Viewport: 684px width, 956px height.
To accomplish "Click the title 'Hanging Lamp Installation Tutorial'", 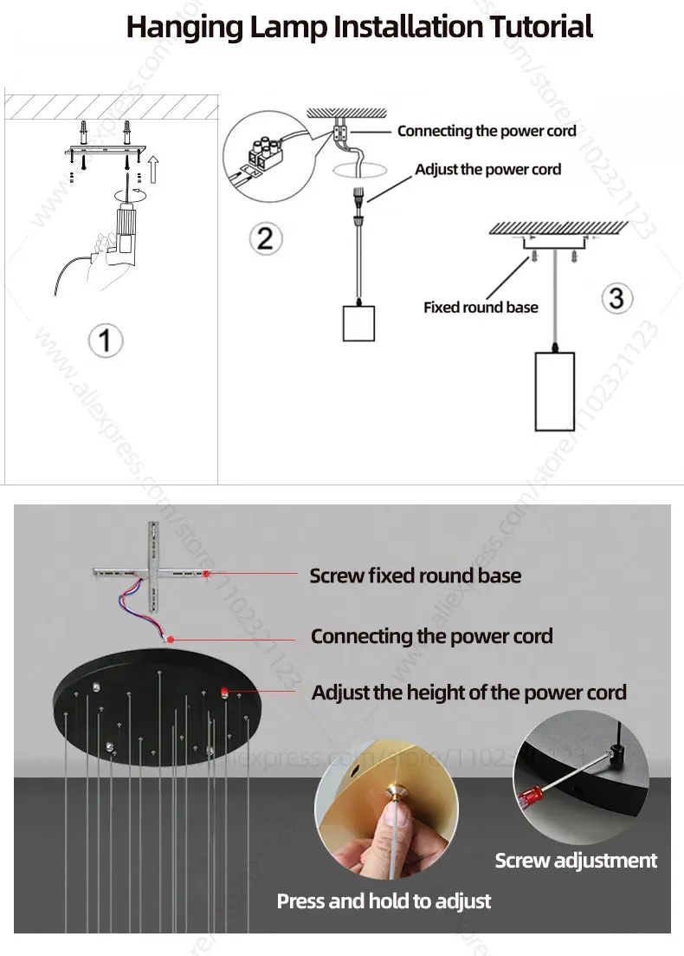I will click(359, 26).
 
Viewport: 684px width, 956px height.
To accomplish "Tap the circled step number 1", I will click(106, 339).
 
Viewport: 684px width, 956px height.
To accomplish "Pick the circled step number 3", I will click(616, 298).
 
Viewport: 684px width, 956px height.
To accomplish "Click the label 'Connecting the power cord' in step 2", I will click(487, 131).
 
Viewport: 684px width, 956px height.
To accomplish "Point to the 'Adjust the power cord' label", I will click(487, 169).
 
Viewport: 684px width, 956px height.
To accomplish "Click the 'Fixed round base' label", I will click(481, 307).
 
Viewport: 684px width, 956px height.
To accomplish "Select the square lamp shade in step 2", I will click(361, 322).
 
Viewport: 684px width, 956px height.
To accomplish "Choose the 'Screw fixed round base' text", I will click(416, 576).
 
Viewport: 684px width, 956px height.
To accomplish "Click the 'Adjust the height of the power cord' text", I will click(468, 693).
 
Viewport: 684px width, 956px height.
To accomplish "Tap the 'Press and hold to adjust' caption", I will click(384, 901).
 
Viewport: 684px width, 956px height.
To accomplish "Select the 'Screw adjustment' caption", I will click(576, 861).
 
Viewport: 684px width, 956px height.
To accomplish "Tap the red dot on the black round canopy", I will click(223, 691).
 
